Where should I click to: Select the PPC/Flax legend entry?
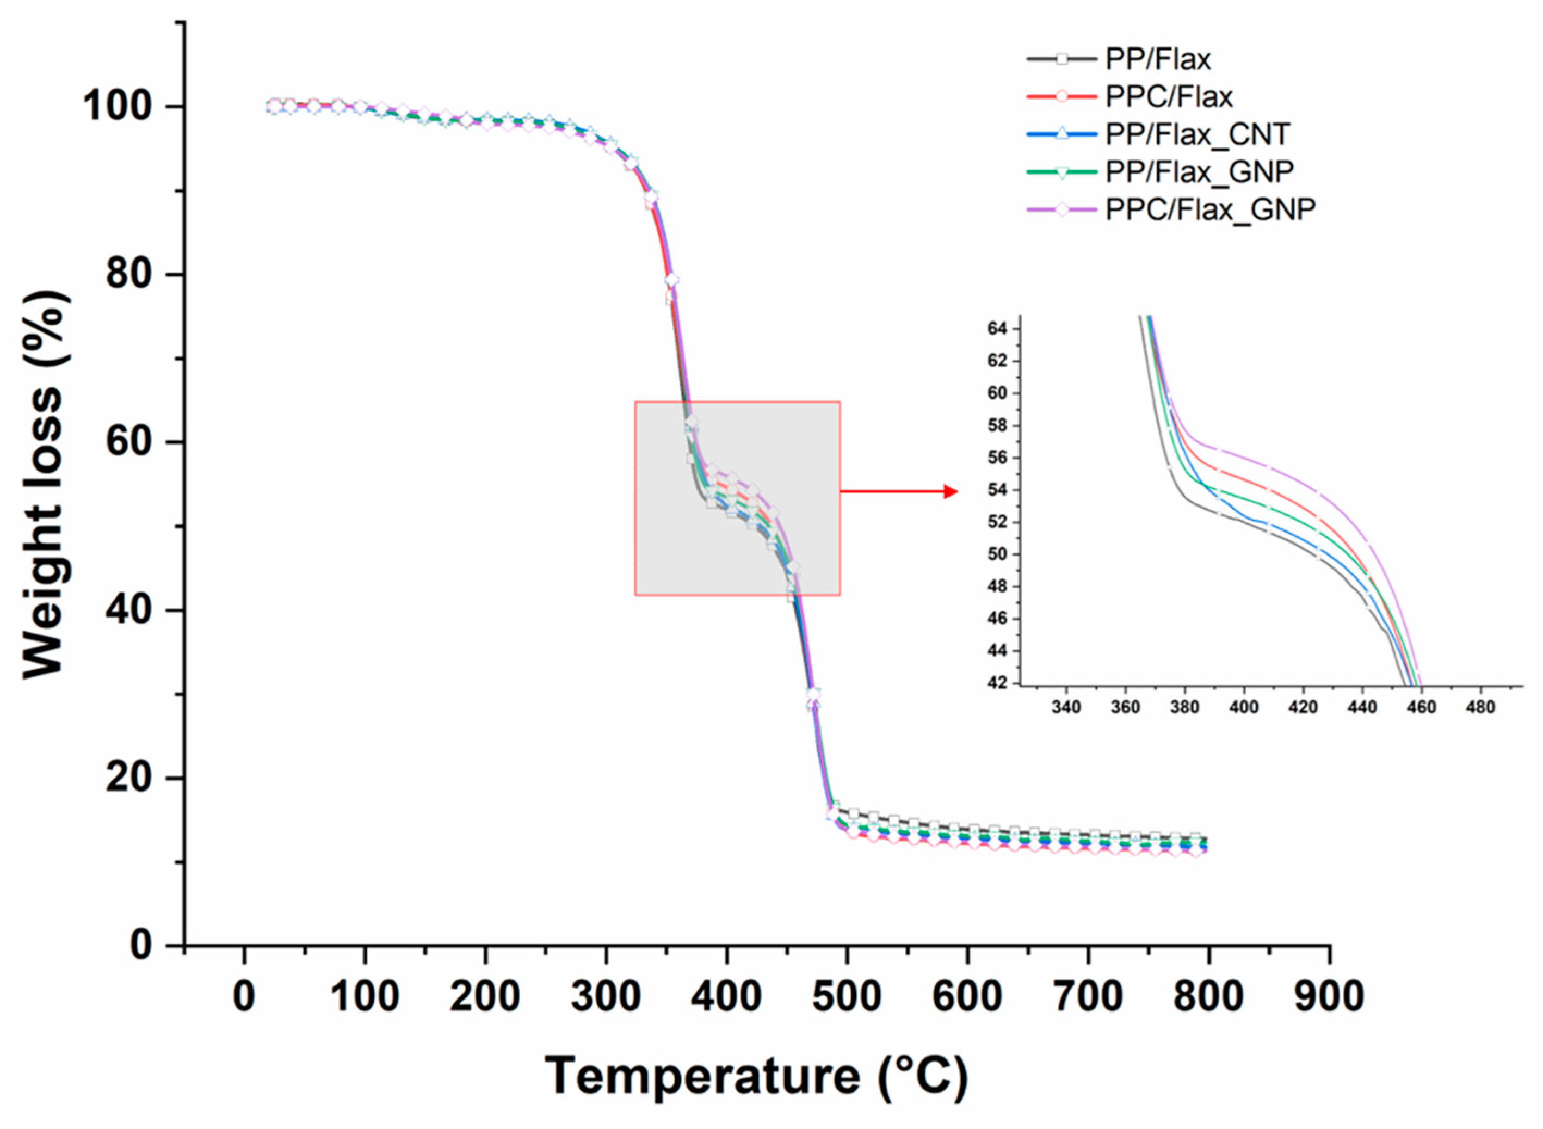tap(1169, 97)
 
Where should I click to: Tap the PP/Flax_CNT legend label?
tap(1197, 134)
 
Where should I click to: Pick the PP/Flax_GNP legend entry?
tap(1199, 171)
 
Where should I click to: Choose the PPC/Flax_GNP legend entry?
tap(1210, 208)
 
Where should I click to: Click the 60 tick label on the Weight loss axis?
tap(128, 442)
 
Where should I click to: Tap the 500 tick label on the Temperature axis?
tap(846, 996)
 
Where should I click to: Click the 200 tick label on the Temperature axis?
tap(484, 996)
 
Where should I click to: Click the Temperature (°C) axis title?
tap(756, 1076)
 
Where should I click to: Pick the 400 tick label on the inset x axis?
tap(1243, 707)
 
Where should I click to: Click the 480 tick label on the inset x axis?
tap(1480, 707)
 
